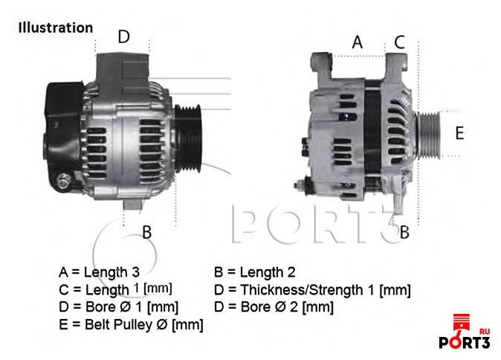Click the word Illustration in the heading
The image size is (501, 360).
[x=56, y=28]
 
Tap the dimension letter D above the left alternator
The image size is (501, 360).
[x=124, y=36]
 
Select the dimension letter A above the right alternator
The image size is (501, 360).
[x=358, y=42]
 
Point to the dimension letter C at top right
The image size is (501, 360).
[x=399, y=42]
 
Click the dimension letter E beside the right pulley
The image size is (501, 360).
[x=459, y=133]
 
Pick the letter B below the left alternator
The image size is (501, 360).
[x=146, y=232]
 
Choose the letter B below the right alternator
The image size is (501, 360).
[x=404, y=232]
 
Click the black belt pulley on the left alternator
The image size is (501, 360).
[x=189, y=138]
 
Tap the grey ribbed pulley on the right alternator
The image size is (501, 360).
[x=429, y=135]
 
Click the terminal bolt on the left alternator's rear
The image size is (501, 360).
[x=63, y=181]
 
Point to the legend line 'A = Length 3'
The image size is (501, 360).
[x=99, y=272]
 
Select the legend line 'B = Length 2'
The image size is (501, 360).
[x=255, y=272]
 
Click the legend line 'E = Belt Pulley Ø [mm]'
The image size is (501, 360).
[x=131, y=325]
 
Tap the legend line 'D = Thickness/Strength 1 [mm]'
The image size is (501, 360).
[x=312, y=290]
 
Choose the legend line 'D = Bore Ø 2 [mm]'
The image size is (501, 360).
[x=274, y=307]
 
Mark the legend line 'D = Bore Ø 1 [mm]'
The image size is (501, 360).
[x=118, y=307]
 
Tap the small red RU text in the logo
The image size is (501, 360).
[x=485, y=332]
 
